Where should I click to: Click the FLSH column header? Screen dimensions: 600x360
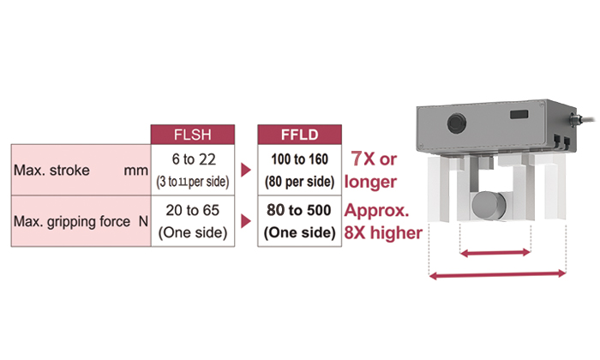pos(193,135)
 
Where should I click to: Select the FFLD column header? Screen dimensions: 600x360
pos(300,135)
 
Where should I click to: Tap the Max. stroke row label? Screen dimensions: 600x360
pos(51,171)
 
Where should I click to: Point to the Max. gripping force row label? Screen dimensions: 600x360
pos(72,222)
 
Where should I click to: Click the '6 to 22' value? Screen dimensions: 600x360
pos(194,159)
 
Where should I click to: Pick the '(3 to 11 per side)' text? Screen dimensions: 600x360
pos(193,182)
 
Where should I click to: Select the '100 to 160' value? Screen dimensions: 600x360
pos(300,159)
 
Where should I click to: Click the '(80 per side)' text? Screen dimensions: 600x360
pos(300,182)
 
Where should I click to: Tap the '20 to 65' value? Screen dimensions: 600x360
pos(193,210)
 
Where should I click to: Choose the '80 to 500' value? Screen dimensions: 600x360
pos(299,210)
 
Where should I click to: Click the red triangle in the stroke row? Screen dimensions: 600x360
pos(246,170)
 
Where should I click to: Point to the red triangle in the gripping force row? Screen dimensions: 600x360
pos(246,221)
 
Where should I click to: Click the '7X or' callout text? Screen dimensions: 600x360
pos(374,159)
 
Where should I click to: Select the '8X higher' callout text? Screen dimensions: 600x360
pos(383,232)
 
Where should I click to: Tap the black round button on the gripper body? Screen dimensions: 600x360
pos(457,123)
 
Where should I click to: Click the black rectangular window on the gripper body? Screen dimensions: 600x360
pos(519,114)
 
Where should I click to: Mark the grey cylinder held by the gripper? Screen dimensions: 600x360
pos(489,206)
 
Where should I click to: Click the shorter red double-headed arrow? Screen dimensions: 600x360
pos(495,253)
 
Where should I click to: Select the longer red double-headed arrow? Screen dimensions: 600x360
pos(497,274)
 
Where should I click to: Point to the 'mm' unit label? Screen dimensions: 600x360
pos(135,171)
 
